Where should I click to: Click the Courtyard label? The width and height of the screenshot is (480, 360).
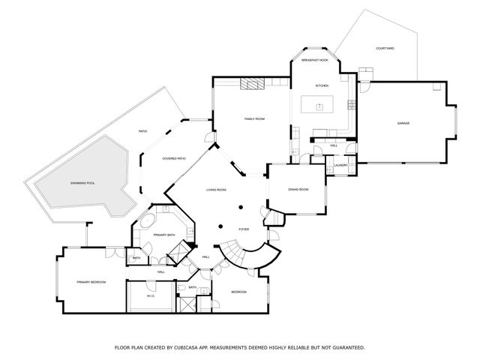(x=385, y=49)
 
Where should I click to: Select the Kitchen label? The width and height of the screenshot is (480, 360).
(x=322, y=85)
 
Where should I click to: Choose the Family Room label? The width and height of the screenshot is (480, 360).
(x=255, y=119)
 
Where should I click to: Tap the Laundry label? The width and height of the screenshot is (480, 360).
(x=340, y=165)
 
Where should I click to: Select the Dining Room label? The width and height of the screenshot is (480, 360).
(x=298, y=189)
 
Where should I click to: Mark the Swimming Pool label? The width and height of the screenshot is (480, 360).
(x=82, y=183)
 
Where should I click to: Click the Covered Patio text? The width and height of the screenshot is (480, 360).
(x=174, y=158)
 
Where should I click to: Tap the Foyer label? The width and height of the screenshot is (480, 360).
(x=244, y=229)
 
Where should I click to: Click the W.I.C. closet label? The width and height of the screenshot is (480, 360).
(x=150, y=297)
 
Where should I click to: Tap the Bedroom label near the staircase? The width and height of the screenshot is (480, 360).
(x=238, y=291)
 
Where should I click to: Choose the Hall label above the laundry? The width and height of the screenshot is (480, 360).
(x=333, y=145)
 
